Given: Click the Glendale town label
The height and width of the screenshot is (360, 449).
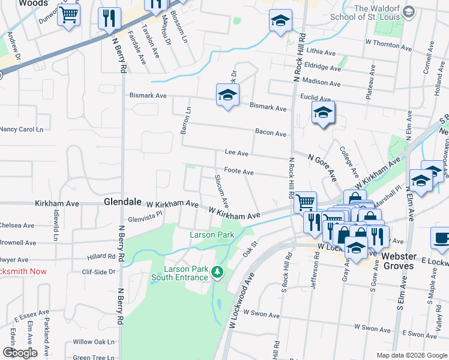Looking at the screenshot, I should tap(122, 202).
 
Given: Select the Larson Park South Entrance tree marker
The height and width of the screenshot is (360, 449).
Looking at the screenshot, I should tap(217, 272).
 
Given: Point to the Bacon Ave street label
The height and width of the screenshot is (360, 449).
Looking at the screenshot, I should tap(270, 133).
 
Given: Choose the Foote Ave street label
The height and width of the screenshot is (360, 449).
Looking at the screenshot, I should tap(239, 172).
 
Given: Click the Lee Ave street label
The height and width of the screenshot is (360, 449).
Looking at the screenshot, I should tap(236, 154).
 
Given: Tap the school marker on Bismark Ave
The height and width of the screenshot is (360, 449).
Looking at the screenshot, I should tap(228, 95).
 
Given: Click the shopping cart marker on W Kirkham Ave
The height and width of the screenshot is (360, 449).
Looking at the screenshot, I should tap(306, 202).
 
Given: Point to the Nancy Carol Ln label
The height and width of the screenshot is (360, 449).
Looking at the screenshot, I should tap(22, 129).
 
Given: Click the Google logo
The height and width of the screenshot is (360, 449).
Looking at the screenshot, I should tap(19, 353).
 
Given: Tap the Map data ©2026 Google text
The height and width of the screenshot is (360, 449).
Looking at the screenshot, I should tap(411, 355).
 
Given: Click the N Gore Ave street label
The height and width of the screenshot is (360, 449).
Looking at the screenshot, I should tap(322, 166).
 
